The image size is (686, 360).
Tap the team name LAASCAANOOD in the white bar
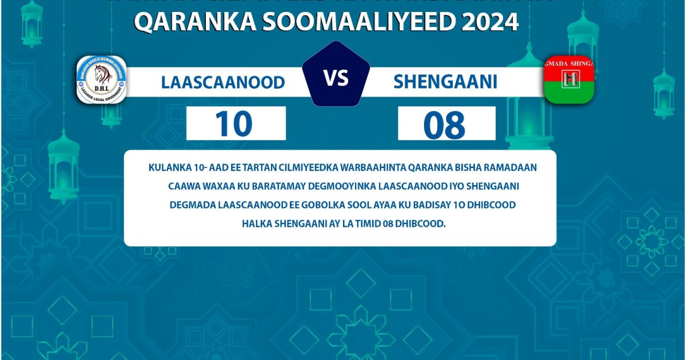click(223, 82)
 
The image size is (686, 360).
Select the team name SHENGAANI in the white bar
click(445, 82)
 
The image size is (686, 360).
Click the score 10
click(234, 124)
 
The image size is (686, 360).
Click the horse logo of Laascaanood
click(101, 79)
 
